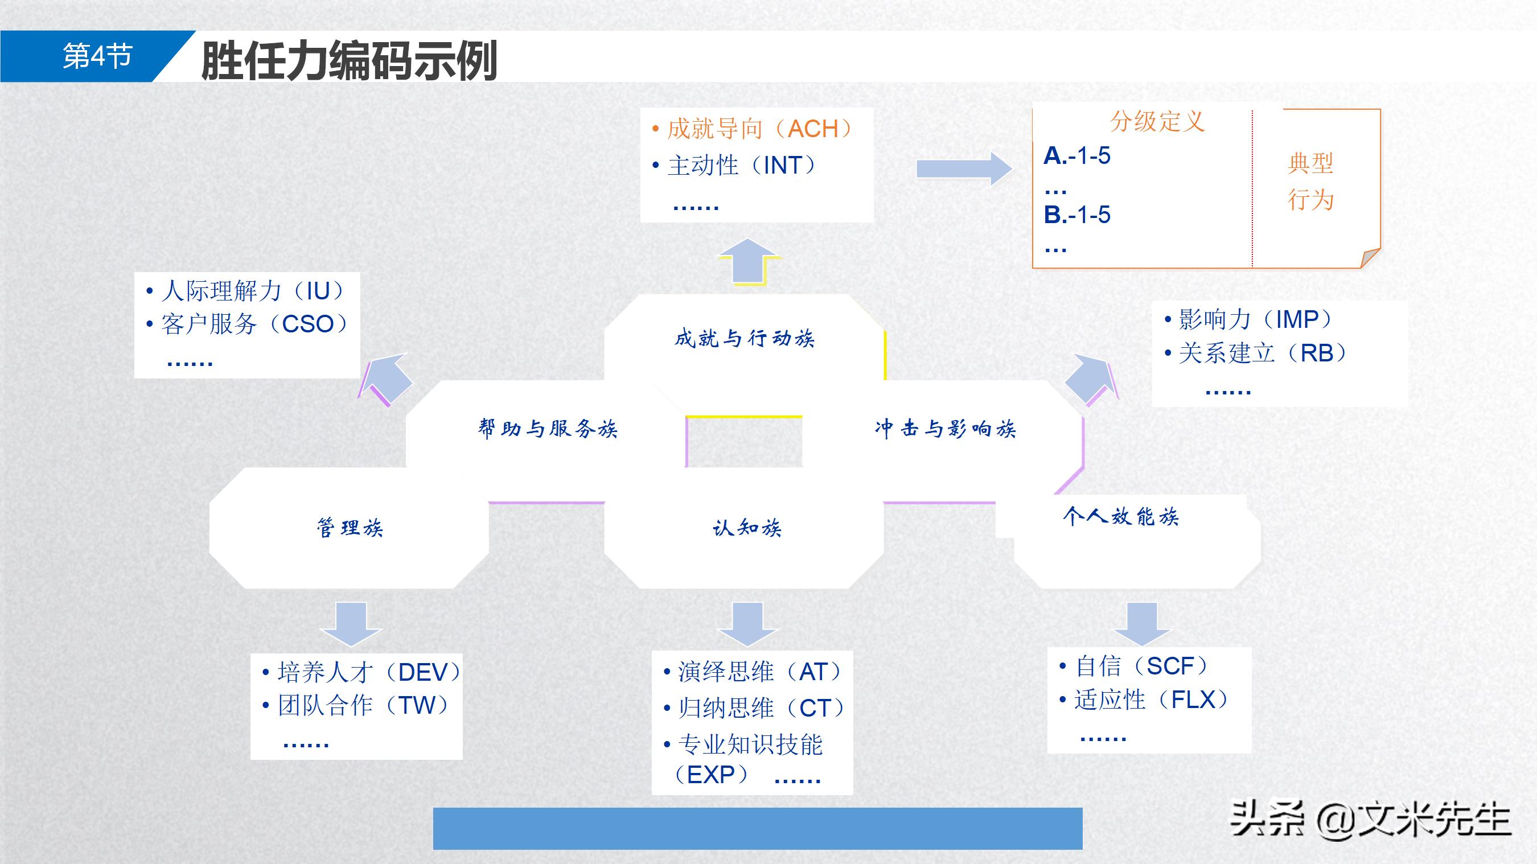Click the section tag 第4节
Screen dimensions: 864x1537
click(x=97, y=57)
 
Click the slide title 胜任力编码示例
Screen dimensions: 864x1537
click(x=350, y=60)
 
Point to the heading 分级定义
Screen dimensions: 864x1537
click(x=1157, y=122)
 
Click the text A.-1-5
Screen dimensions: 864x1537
click(x=1077, y=157)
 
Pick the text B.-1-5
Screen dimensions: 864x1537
click(x=1077, y=215)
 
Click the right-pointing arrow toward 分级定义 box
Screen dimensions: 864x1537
click(x=963, y=169)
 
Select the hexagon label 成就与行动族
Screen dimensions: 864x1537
click(x=744, y=338)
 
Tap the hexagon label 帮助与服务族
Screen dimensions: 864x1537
click(x=547, y=429)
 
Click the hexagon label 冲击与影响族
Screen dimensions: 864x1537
click(x=945, y=429)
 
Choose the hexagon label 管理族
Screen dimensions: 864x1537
click(x=350, y=528)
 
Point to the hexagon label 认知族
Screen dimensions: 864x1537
click(x=746, y=528)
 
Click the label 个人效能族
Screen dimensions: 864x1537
click(x=1120, y=516)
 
